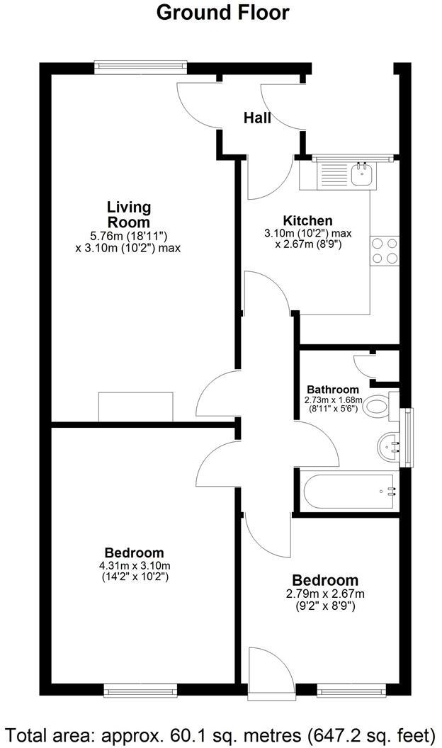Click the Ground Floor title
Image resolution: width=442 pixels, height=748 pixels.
tap(222, 13)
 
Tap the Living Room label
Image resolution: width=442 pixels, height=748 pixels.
tap(129, 214)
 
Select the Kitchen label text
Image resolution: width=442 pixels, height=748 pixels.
tap(307, 220)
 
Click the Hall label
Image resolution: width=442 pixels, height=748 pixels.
tap(257, 118)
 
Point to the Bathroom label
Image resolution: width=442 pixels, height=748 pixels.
tap(332, 390)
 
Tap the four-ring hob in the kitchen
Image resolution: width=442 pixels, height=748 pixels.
tap(385, 251)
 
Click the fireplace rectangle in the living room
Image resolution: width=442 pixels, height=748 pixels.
tap(136, 406)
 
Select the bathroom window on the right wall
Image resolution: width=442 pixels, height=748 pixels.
tap(407, 438)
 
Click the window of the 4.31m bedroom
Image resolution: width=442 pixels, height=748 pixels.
tap(140, 689)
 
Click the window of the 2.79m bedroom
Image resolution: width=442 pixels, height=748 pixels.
tap(351, 689)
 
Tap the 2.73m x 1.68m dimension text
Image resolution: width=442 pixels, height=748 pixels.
tap(332, 400)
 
